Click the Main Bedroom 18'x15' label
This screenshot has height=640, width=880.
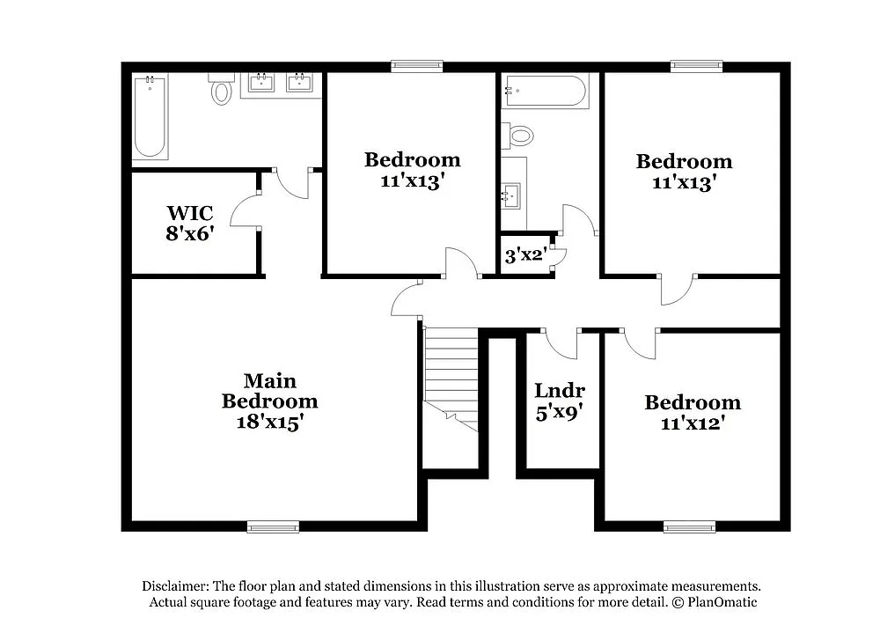click(269, 401)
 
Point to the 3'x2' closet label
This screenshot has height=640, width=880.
click(525, 256)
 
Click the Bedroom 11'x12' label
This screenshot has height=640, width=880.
click(693, 412)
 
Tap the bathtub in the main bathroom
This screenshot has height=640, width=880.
click(150, 117)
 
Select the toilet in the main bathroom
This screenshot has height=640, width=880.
click(221, 91)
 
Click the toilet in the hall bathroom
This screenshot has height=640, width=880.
click(519, 136)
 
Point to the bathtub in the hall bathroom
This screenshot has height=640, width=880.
click(544, 92)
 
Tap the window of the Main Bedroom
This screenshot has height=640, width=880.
click(273, 526)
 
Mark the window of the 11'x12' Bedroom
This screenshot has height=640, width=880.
click(689, 526)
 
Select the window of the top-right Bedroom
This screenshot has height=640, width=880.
click(696, 66)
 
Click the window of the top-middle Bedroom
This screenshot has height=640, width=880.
click(417, 66)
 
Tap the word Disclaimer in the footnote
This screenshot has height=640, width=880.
click(173, 586)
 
